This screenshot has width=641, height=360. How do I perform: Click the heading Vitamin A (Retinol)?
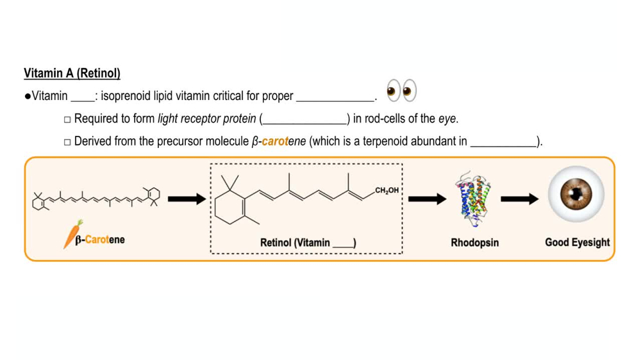72,73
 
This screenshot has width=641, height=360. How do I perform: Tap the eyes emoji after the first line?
401,92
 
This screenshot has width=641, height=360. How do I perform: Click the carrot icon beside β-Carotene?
72,233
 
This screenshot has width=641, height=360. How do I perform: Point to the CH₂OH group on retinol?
387,190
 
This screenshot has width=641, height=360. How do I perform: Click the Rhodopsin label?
474,243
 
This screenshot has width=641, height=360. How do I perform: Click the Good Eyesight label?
577,242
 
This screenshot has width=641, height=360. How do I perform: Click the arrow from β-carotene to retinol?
187,199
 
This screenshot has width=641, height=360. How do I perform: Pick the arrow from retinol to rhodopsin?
427,199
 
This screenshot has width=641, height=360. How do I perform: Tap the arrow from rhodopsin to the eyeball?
519,199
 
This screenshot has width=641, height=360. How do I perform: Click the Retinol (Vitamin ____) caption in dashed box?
308,243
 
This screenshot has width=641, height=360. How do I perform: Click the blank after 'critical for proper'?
335,97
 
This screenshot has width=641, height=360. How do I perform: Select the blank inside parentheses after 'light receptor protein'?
304,120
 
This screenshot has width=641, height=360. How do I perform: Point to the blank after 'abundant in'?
503,142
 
